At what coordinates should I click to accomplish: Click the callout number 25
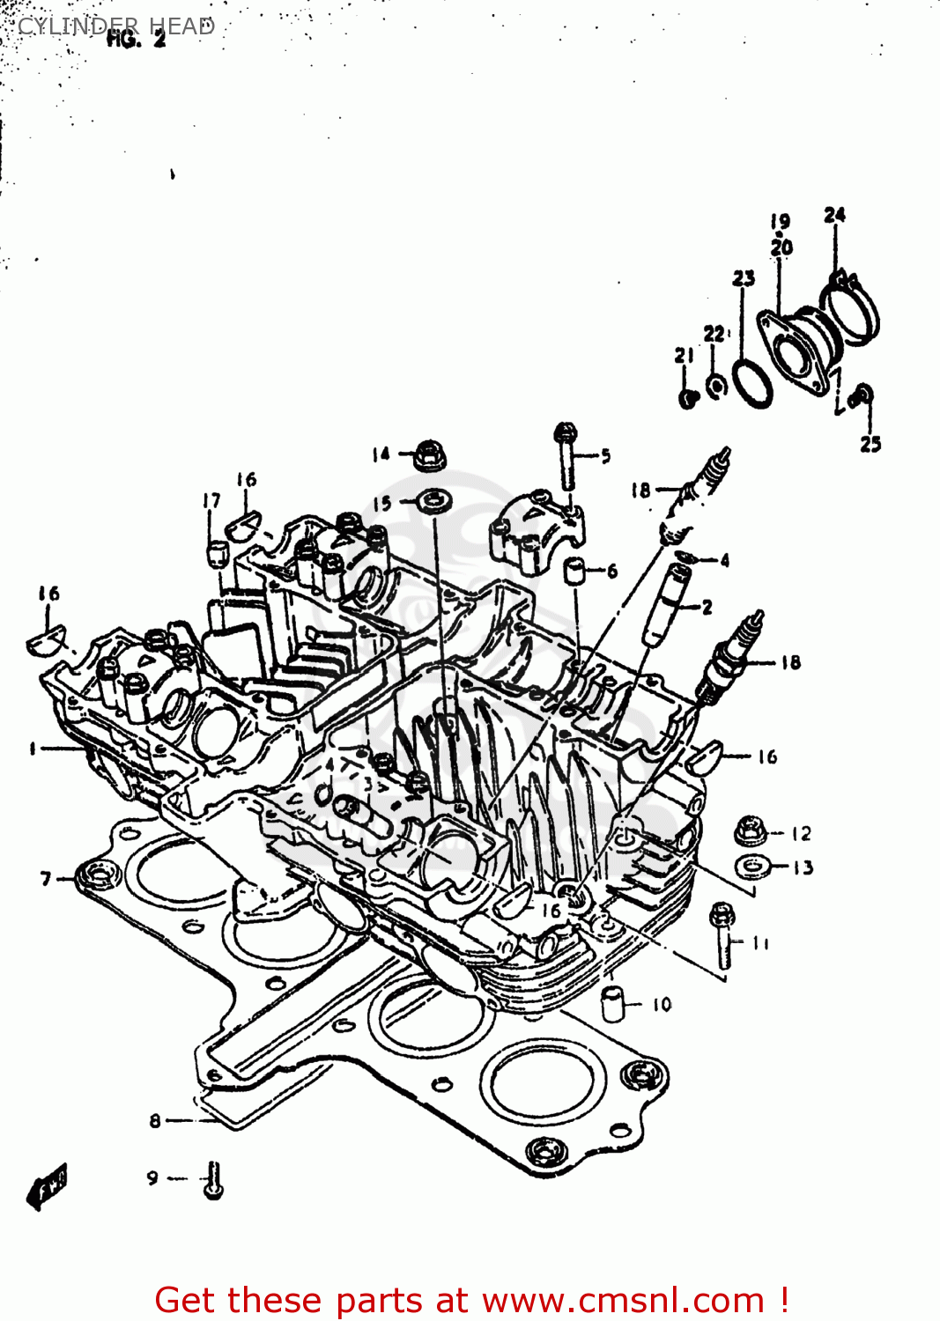pos(870,444)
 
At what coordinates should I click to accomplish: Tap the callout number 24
pos(834,215)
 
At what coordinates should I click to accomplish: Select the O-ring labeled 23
pos(752,383)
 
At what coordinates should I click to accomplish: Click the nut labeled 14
pos(429,454)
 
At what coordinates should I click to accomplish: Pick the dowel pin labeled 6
pos(576,571)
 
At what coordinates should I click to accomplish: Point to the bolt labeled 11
pos(723,938)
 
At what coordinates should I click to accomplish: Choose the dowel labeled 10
pos(613,1003)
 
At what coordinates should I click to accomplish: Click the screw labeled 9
pos(213,1180)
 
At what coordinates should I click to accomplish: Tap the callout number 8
pos(155,1121)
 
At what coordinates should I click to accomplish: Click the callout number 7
pos(46,878)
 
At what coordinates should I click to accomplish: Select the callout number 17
pos(211,500)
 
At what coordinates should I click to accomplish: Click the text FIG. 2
pos(136,39)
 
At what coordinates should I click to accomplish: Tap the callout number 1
pos(33,749)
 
